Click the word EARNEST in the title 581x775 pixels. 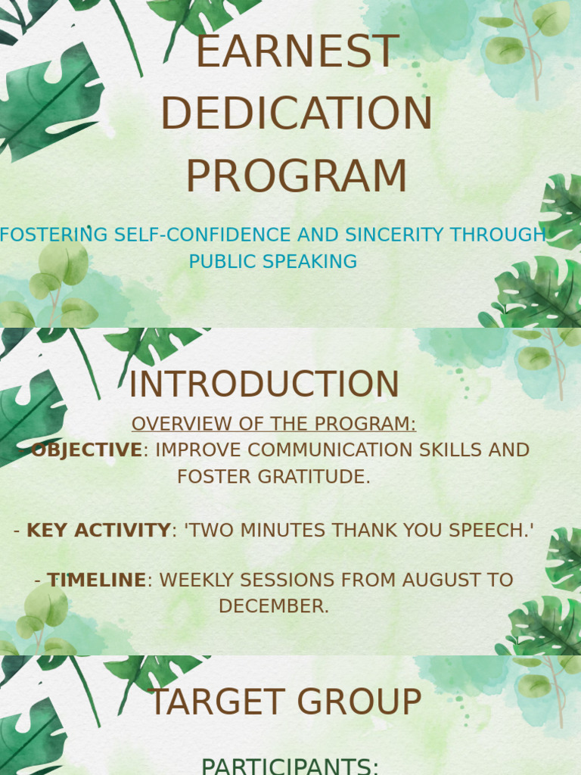(297, 51)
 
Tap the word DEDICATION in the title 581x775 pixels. (297, 114)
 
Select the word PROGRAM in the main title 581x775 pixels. (297, 176)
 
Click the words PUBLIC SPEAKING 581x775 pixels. (273, 261)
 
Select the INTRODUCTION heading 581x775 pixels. (264, 384)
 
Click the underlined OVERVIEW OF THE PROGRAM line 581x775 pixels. (274, 424)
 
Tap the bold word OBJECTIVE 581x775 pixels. (87, 450)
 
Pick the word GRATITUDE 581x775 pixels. (314, 477)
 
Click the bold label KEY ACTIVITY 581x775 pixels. (99, 531)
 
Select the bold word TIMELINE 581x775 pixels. (97, 580)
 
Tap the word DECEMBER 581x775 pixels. (274, 606)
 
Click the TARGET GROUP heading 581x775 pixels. (284, 702)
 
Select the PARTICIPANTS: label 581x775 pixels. (290, 767)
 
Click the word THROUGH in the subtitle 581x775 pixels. (498, 235)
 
